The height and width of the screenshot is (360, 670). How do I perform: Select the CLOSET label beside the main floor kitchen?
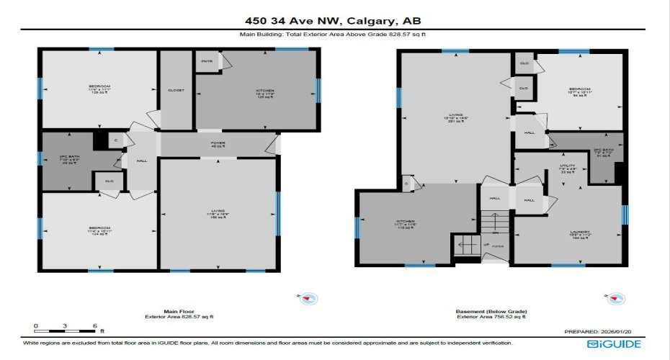176,90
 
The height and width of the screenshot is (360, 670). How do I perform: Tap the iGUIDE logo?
614,343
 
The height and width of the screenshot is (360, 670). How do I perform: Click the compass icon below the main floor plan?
309,298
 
